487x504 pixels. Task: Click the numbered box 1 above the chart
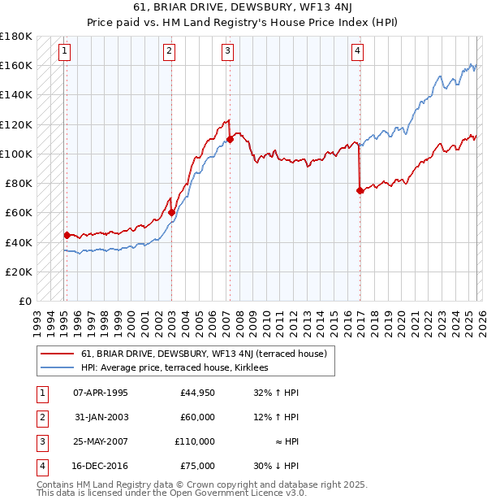point(64,51)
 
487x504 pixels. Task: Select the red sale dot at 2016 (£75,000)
point(360,190)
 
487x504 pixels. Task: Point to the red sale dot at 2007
point(231,139)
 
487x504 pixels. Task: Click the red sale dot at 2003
point(172,212)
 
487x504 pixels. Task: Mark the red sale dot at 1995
point(67,235)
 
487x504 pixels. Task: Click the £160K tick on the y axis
point(16,65)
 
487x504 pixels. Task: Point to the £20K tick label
point(19,272)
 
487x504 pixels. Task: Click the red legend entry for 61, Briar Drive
point(203,354)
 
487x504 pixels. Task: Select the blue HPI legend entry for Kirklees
point(179,367)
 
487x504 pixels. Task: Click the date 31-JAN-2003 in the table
point(100,417)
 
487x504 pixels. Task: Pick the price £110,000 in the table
point(194,441)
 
